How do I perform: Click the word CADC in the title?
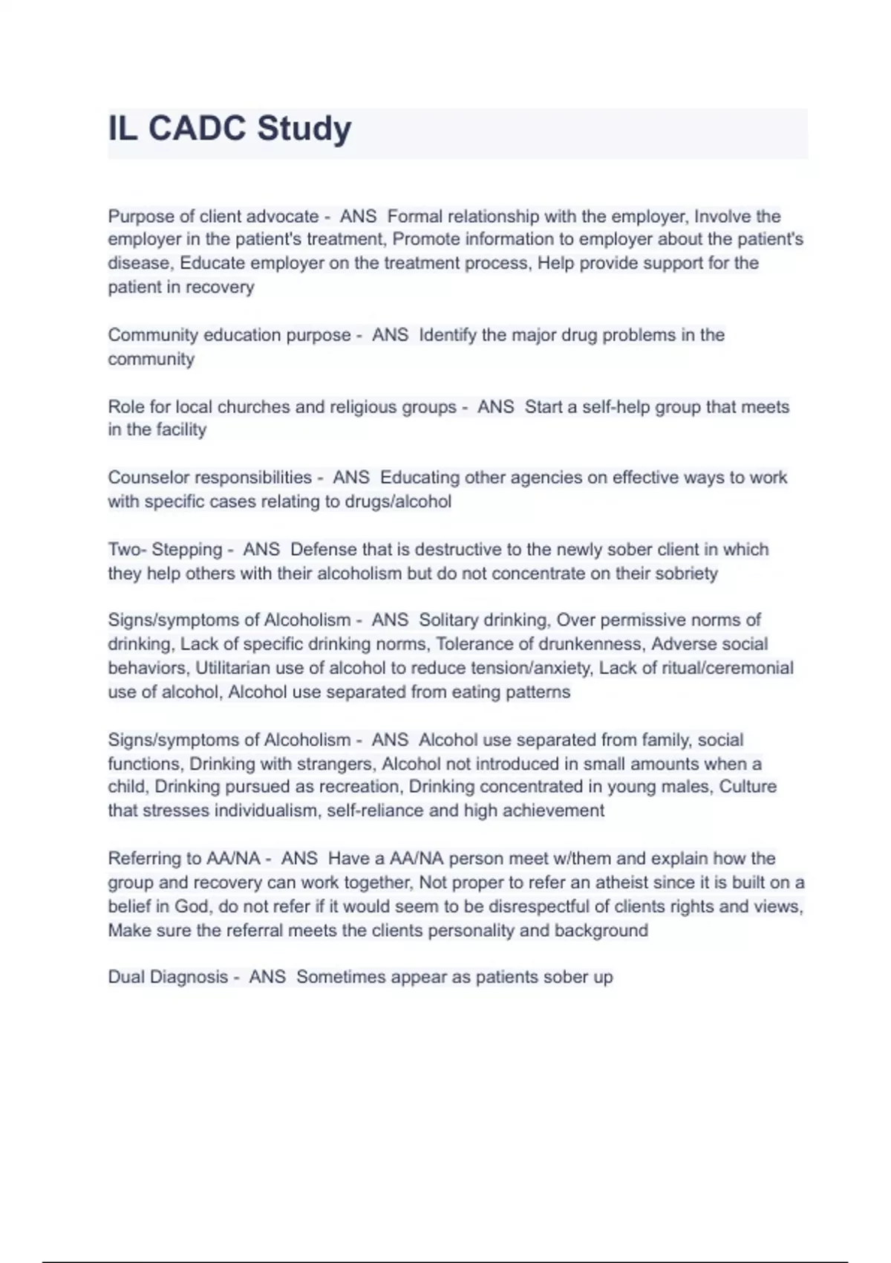tap(197, 129)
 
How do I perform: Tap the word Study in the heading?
tap(304, 130)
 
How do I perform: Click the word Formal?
tap(414, 216)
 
